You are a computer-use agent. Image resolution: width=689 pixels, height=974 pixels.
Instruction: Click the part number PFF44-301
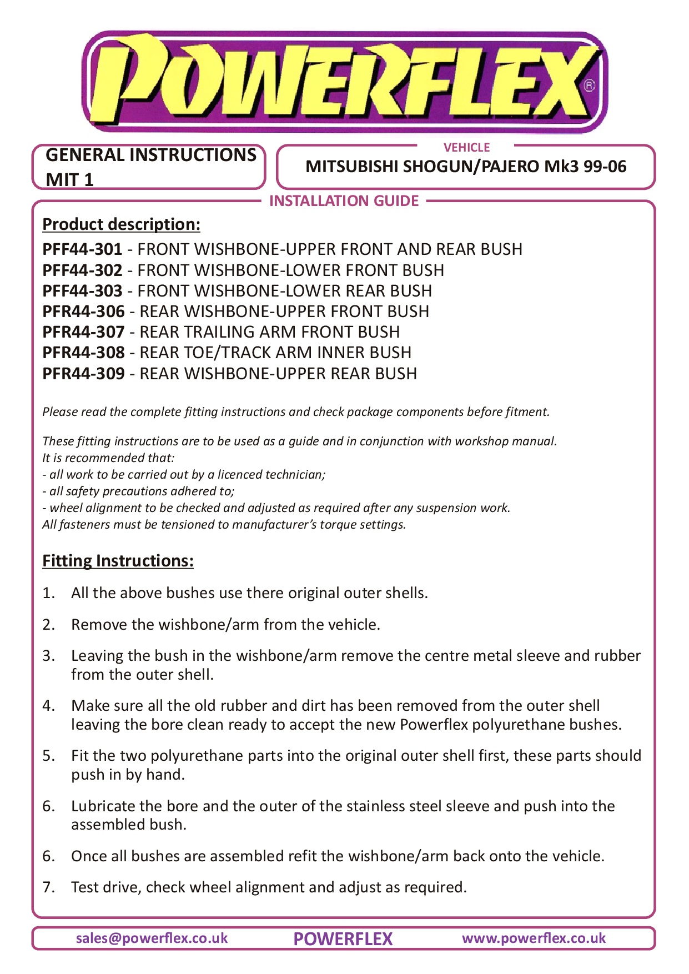[82, 249]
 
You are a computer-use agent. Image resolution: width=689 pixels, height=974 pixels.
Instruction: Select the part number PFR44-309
[83, 374]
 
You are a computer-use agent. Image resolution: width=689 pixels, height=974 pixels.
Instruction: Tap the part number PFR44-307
[83, 332]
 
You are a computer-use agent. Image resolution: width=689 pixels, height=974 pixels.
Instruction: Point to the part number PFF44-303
[82, 291]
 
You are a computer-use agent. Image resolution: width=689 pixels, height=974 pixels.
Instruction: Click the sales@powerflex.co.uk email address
[152, 938]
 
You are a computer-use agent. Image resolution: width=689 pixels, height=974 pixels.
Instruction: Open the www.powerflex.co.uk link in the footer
[534, 938]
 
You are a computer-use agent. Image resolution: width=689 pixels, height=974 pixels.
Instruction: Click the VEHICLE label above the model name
[466, 147]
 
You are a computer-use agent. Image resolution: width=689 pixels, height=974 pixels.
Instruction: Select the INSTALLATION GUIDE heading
[344, 200]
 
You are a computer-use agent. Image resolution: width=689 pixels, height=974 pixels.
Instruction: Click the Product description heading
[121, 224]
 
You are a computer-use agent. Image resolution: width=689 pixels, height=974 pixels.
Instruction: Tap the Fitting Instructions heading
[118, 561]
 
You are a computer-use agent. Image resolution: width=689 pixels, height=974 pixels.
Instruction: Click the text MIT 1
[69, 179]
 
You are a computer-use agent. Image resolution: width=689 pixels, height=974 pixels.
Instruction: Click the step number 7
[49, 887]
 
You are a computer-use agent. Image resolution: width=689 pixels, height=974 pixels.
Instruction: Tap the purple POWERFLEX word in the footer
[343, 939]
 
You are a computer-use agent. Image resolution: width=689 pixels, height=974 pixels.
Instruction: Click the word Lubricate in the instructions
[103, 806]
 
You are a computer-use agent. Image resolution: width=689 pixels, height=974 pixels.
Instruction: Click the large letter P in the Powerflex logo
[125, 81]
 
